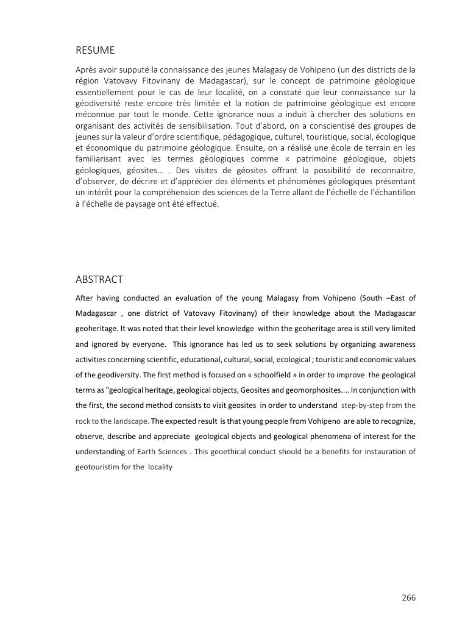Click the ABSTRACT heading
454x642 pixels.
(99, 279)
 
